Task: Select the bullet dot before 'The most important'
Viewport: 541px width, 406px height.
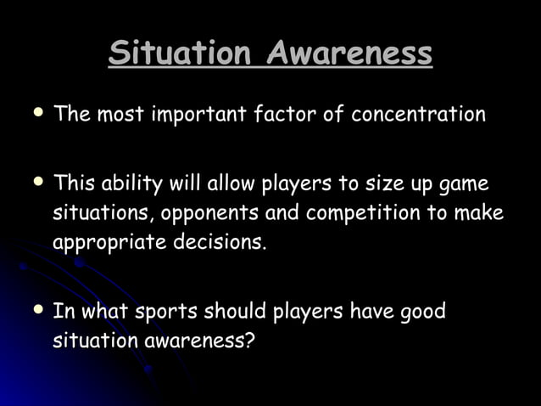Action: tap(38, 111)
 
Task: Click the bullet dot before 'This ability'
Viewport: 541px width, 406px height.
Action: tap(38, 182)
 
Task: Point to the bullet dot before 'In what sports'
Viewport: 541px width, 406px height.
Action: tap(38, 309)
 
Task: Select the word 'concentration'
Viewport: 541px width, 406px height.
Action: tap(418, 114)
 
